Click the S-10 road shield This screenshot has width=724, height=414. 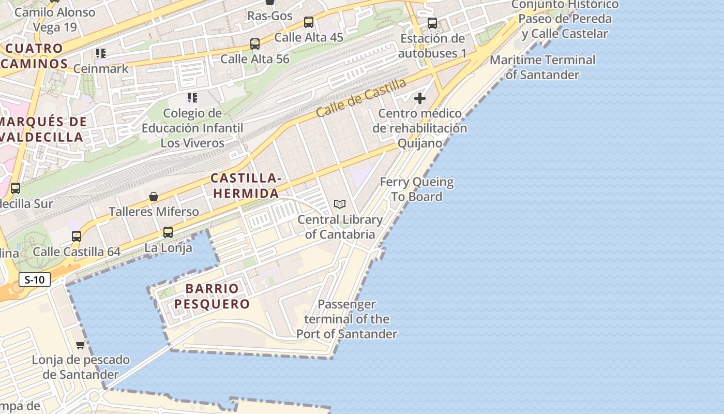pos(35,280)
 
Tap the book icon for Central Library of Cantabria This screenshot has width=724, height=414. pos(340,204)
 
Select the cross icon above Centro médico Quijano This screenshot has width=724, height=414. pos(420,98)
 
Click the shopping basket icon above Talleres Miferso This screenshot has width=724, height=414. pos(154,197)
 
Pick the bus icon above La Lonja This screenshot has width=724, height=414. pos(168,232)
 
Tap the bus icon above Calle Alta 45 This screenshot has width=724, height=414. pos(309,22)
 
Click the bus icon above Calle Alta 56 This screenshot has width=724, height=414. pos(255,44)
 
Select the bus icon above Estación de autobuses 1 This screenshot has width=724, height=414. pos(432,23)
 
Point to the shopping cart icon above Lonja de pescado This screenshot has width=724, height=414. pos(80,345)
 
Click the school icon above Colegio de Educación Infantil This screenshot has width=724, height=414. pos(192,97)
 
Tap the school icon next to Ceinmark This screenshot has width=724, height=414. pos(101,53)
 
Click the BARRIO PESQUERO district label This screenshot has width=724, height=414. pos(212,296)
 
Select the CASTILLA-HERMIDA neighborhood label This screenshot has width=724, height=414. pos(246,186)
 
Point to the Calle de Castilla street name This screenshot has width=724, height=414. pos(361,97)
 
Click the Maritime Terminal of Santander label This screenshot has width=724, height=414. pos(542,67)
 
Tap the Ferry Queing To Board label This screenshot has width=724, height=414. pos(417,189)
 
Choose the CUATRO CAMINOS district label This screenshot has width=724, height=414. pos(34,56)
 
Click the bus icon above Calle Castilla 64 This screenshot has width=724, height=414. pos(77,236)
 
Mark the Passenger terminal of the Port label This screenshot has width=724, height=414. pos(346,319)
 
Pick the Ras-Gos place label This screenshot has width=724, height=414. pos(270,16)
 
